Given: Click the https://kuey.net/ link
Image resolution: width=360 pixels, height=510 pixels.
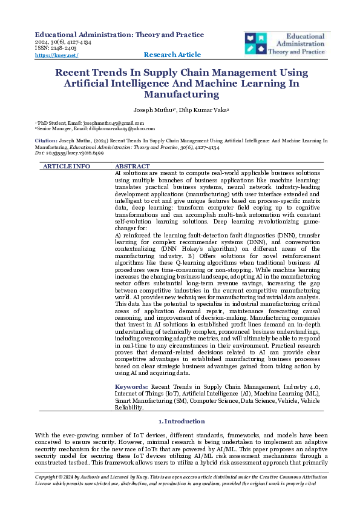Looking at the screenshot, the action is (57, 55).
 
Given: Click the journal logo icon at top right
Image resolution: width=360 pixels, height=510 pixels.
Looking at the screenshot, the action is (255, 43).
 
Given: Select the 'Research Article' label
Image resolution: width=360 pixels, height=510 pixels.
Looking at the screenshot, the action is (172, 55).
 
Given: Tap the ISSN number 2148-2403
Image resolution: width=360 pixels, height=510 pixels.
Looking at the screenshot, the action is (53, 48).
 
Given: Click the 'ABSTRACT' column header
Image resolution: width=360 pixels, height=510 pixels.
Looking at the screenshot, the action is (133, 166).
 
